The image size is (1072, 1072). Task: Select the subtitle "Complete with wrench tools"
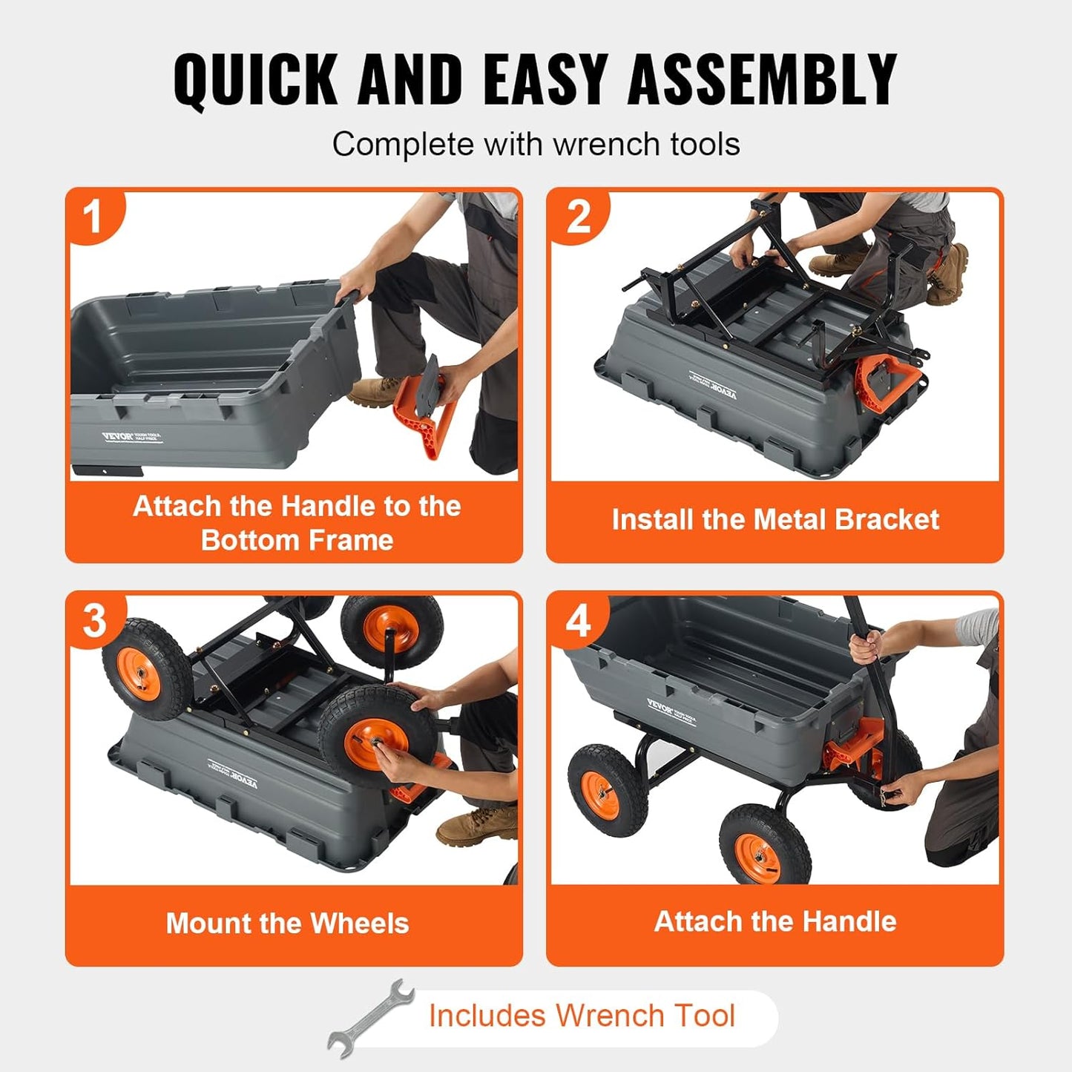click(536, 144)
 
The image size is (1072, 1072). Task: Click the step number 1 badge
click(93, 217)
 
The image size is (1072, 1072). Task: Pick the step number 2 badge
click(578, 217)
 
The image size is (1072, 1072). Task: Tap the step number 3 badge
click(94, 620)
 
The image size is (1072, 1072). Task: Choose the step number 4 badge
click(578, 620)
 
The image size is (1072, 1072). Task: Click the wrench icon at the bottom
click(371, 1016)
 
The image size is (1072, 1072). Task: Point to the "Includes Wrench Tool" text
click(582, 1016)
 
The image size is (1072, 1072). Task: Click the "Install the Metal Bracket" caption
click(775, 519)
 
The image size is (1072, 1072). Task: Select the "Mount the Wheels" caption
click(287, 924)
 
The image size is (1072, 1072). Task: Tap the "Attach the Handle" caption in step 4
click(775, 921)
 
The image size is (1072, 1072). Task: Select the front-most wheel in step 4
click(764, 846)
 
